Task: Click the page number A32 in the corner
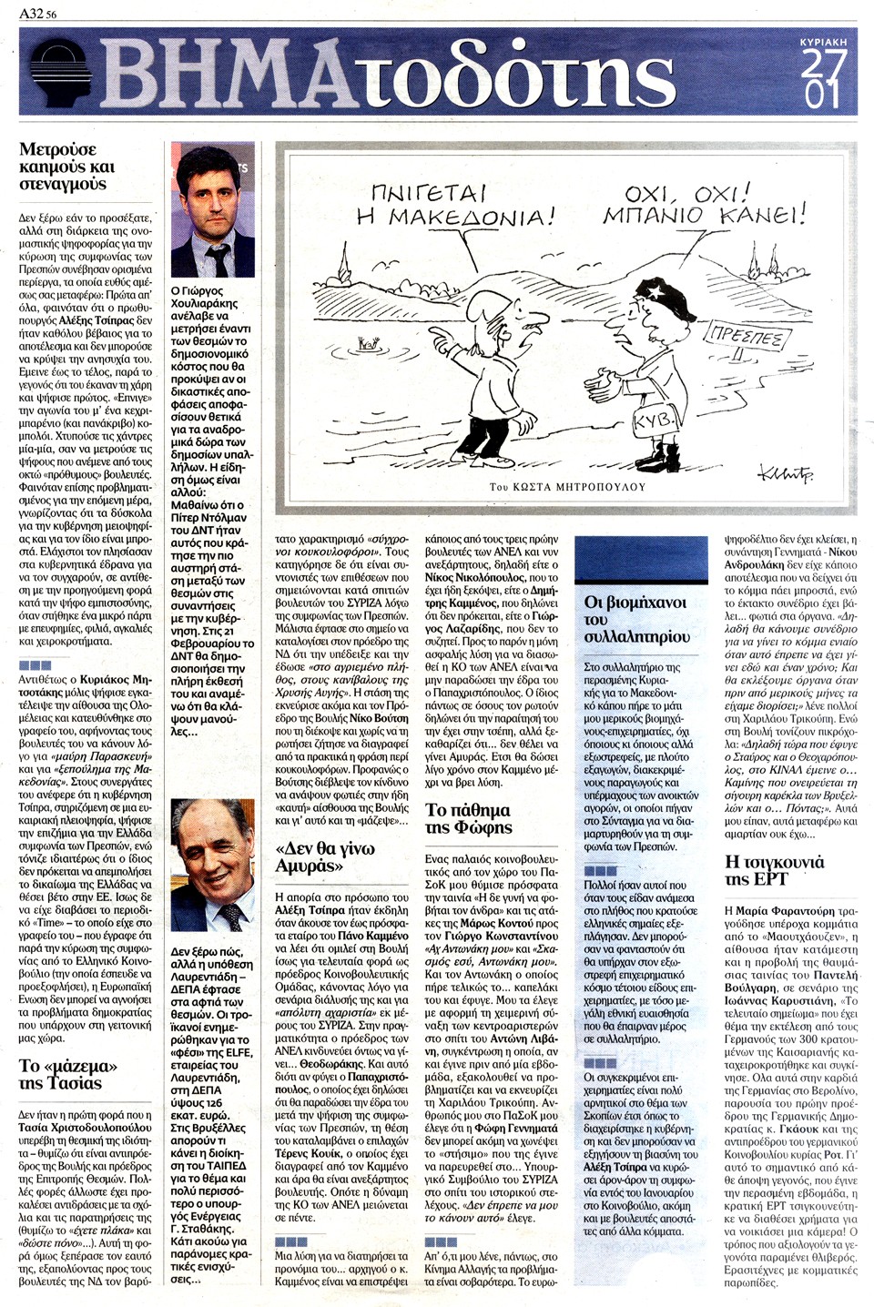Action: pyautogui.click(x=33, y=14)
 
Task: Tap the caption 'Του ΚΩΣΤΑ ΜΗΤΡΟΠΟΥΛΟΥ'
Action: pyautogui.click(x=566, y=487)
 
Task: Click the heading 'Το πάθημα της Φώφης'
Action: pyautogui.click(x=469, y=818)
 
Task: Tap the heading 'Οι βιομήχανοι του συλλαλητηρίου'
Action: pyautogui.click(x=636, y=619)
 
